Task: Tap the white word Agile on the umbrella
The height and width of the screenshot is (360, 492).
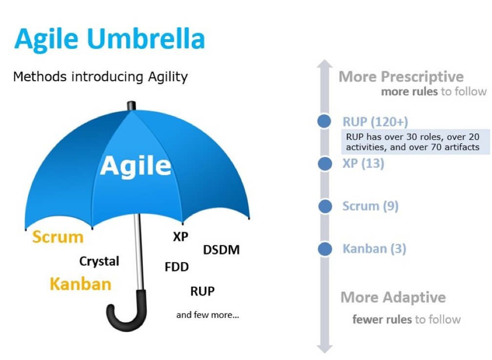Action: point(136,166)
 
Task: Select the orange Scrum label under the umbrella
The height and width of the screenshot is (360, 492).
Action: point(58,237)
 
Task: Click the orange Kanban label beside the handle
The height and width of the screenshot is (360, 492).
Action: point(81,284)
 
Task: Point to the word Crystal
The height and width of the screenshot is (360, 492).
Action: point(99,261)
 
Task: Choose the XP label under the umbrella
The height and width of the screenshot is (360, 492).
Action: point(181,237)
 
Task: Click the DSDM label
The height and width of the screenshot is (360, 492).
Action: point(221,250)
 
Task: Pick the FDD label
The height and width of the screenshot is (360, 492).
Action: point(177,267)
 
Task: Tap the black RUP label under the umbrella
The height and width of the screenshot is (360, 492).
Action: point(202,292)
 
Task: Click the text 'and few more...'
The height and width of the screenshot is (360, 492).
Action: point(207,315)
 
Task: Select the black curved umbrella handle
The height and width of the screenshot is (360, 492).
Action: point(126,312)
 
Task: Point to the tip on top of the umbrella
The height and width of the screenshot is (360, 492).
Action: point(131,106)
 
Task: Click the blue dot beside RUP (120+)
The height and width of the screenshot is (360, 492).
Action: point(325,122)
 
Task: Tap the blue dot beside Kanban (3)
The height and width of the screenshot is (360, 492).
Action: point(325,249)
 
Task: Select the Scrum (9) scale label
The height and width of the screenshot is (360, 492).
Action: point(370,206)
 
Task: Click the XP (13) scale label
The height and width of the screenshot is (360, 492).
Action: point(363,164)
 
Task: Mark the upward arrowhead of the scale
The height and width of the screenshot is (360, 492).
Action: point(325,64)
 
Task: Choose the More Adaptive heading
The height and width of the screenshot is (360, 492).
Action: point(393,297)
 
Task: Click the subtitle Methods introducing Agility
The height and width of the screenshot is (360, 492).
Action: point(100,77)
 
